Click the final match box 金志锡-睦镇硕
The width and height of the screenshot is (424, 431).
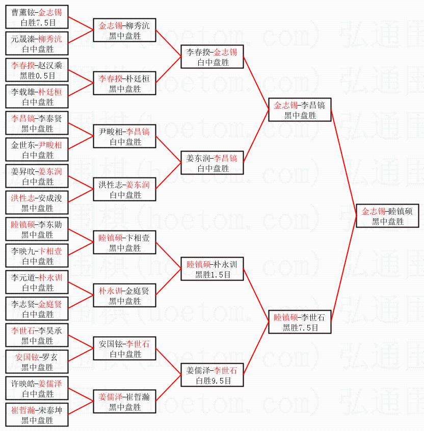pos(387,216)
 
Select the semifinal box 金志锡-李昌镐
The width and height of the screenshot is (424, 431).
pos(300,110)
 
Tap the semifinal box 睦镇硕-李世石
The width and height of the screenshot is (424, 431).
pos(300,322)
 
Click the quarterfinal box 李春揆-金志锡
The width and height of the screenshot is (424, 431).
pos(212,57)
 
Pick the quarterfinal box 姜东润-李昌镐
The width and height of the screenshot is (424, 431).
pos(212,163)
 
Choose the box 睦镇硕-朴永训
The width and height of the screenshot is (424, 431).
pos(212,269)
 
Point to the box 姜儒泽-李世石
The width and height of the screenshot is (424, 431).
pos(212,375)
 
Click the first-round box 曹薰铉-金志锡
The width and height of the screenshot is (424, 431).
pos(37,17)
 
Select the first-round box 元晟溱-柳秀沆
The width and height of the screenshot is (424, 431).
pos(37,44)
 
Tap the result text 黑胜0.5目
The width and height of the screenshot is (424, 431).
pos(37,76)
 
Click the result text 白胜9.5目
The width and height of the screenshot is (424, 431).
pos(212,381)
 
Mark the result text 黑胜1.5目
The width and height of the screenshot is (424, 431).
pos(212,275)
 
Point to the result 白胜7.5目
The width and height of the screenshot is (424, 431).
pos(37,23)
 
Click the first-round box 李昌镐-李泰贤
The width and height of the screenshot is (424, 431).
pos(37,123)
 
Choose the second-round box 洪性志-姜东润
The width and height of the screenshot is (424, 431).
pos(124,190)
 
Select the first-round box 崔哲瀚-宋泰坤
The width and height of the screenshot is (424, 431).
pos(37,415)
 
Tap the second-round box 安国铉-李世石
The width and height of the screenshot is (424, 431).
pos(124,349)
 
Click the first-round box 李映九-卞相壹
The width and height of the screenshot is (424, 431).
pos(37,256)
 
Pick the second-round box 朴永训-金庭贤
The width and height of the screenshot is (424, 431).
pos(124,296)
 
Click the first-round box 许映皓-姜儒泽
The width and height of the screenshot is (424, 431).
pos(37,389)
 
